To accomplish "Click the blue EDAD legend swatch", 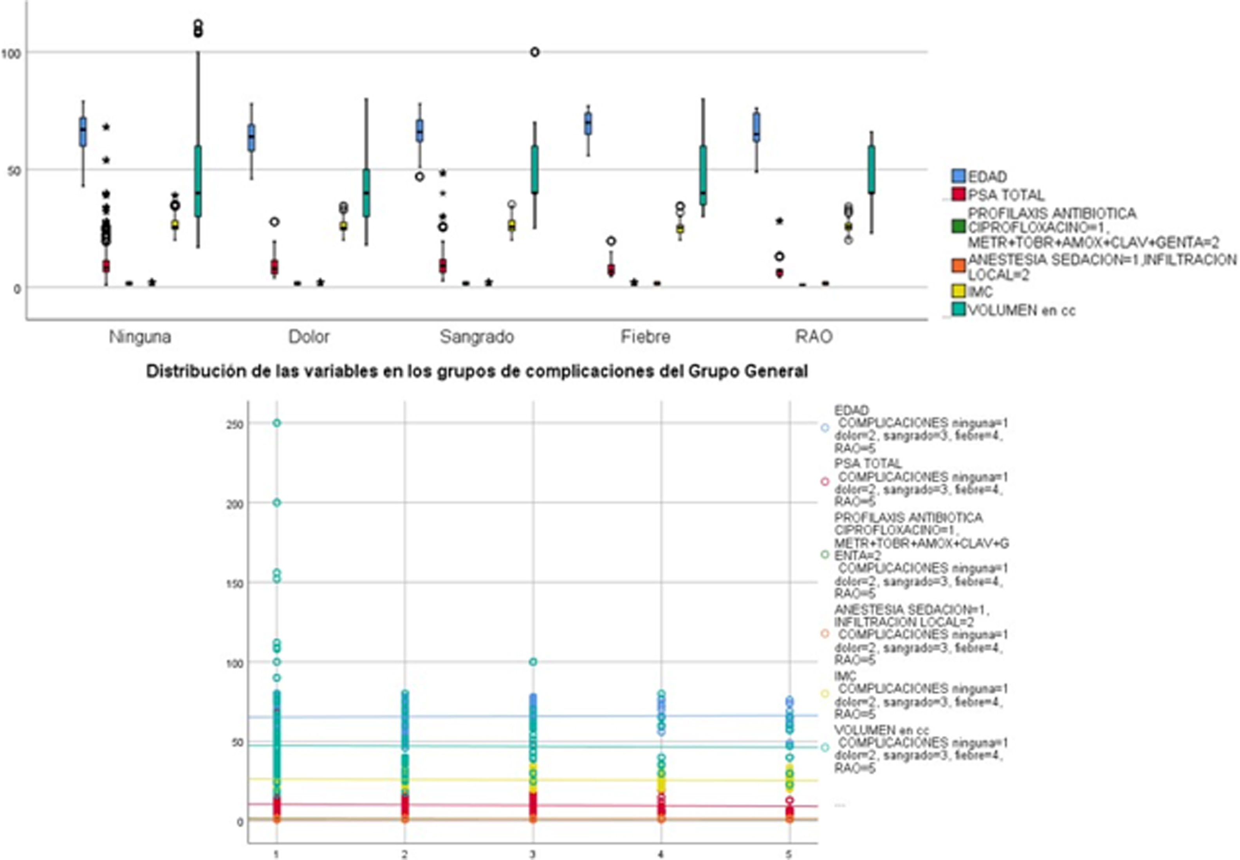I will (958, 176).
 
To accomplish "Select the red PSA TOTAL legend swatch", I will (958, 194).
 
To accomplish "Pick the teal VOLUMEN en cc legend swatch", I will (958, 310).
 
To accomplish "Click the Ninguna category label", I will (140, 337).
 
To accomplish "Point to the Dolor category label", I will (309, 337).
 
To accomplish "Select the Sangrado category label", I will (477, 337).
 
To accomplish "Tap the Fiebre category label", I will (645, 337).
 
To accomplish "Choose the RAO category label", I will (813, 337).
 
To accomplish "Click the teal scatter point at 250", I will (276, 423).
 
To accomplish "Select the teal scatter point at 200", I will (276, 503).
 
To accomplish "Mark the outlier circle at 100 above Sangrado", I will (534, 52).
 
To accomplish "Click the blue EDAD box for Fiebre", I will (588, 124).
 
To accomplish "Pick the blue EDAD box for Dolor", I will (251, 137).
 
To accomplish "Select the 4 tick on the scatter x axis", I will (661, 854).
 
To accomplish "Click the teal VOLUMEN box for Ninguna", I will (198, 181).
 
